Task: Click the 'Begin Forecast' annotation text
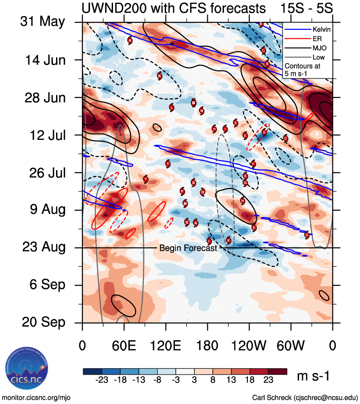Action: (x=188, y=248)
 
